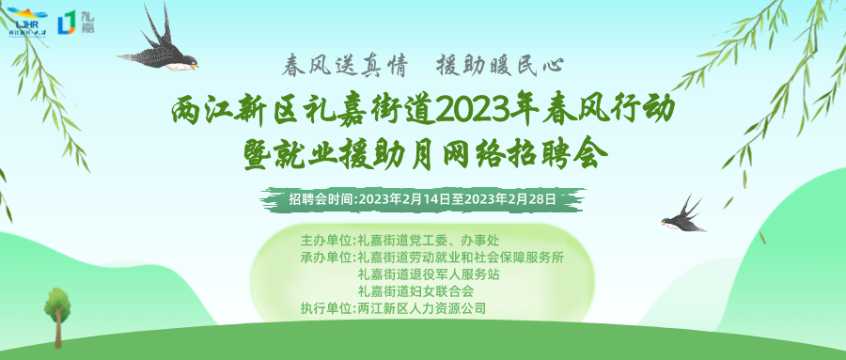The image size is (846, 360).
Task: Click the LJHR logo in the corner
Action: pyautogui.click(x=27, y=22)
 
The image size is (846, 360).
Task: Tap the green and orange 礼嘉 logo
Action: pyautogui.click(x=76, y=23)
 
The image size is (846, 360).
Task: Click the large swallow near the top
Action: pyautogui.click(x=160, y=43)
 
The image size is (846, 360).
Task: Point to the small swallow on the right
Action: pyautogui.click(x=683, y=215)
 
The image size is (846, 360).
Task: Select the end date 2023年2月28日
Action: pyautogui.click(x=510, y=198)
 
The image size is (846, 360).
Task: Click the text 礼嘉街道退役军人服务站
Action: pyautogui.click(x=429, y=274)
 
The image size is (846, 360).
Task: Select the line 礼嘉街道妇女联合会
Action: pyautogui.click(x=415, y=292)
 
